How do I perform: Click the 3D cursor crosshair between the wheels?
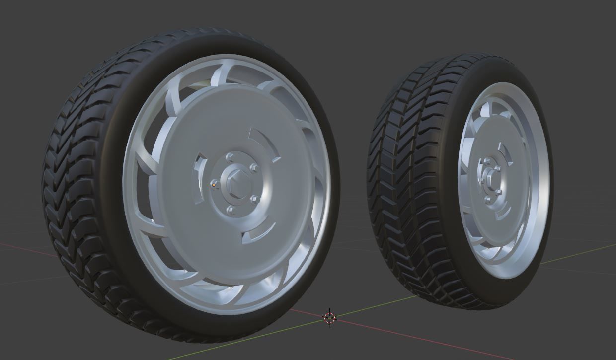[x=329, y=317]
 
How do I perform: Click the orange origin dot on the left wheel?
[x=214, y=185]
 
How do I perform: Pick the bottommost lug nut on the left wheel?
[x=231, y=210]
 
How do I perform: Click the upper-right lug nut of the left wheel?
[x=254, y=168]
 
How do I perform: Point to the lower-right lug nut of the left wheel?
[x=255, y=200]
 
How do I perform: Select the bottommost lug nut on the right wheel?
[x=488, y=200]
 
